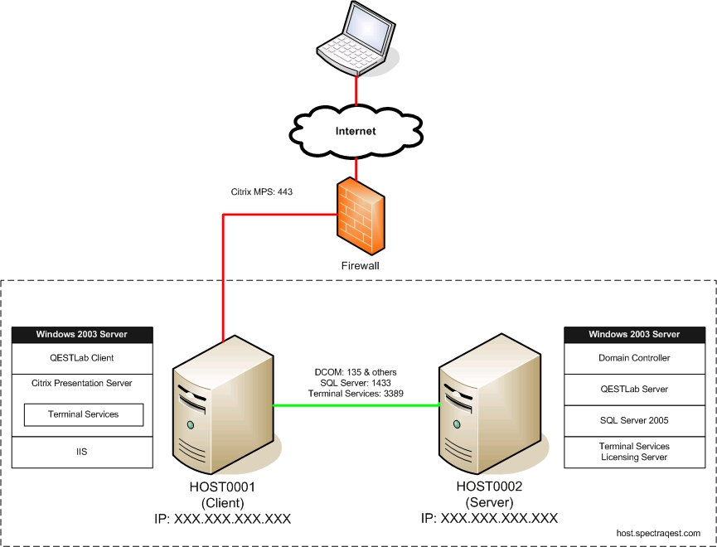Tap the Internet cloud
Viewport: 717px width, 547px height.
click(x=356, y=131)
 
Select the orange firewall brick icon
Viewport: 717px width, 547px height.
click(x=360, y=218)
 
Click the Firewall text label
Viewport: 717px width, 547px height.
click(x=360, y=266)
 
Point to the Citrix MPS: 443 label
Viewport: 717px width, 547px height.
click(x=262, y=191)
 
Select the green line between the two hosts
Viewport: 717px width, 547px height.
click(x=356, y=405)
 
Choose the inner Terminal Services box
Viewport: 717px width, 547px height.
click(x=84, y=414)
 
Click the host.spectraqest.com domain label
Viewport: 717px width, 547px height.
click(x=658, y=533)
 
